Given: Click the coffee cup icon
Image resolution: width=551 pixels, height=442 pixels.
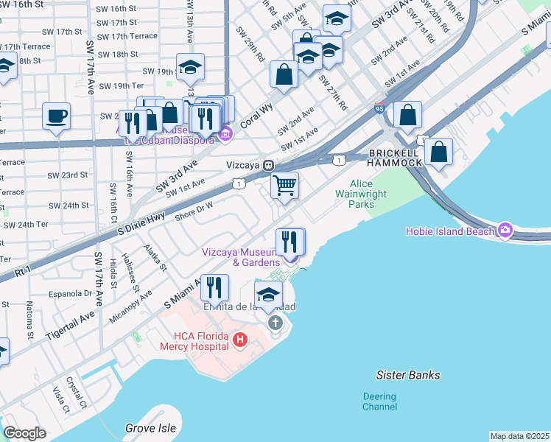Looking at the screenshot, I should (56, 116).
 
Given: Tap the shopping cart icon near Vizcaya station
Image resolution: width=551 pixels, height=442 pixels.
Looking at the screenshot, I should (284, 184).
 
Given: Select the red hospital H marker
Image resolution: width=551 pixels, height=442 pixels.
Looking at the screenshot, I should (239, 340).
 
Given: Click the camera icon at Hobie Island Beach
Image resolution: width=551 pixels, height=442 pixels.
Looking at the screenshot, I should (505, 231).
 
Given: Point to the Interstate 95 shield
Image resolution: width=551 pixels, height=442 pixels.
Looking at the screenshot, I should (380, 109).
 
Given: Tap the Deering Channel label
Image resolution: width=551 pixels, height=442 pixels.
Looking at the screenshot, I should (379, 401).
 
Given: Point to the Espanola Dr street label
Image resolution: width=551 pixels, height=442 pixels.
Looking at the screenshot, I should (70, 293).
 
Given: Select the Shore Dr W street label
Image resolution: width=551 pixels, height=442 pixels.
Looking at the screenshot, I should (193, 211).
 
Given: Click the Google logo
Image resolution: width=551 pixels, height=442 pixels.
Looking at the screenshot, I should (24, 433).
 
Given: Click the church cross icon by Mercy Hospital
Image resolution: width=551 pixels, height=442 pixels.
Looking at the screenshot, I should (275, 323).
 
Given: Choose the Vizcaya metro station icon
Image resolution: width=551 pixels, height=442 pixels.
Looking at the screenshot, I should (270, 165).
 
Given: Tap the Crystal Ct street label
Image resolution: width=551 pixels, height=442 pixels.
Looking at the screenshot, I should (77, 393).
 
